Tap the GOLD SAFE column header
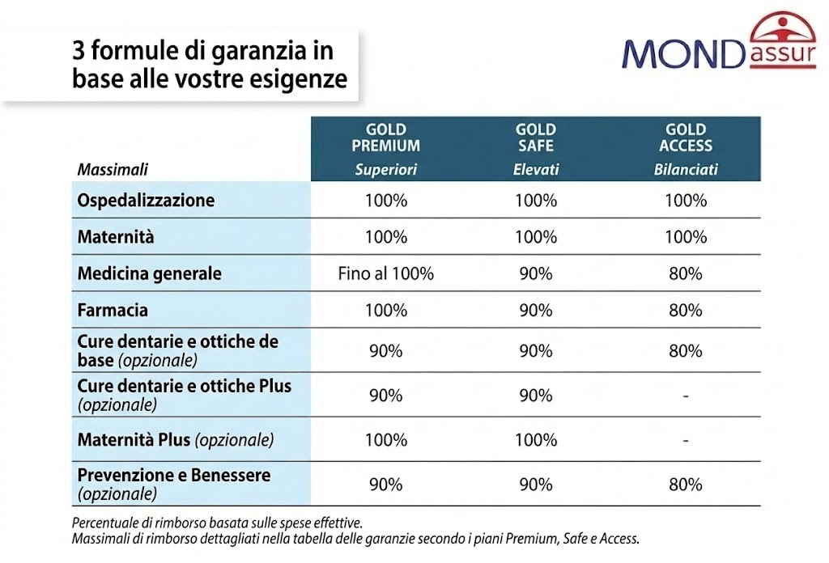pyautogui.click(x=536, y=138)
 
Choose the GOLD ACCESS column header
pyautogui.click(x=686, y=138)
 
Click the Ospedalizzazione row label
pyautogui.click(x=146, y=200)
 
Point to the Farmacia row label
pyautogui.click(x=113, y=311)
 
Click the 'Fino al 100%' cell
pyautogui.click(x=385, y=274)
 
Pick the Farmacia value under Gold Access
pyautogui.click(x=686, y=311)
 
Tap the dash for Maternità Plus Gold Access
pyautogui.click(x=686, y=441)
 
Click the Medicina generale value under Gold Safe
pyautogui.click(x=536, y=274)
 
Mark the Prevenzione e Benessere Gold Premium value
pyautogui.click(x=385, y=485)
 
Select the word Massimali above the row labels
pyautogui.click(x=113, y=171)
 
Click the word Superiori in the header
pyautogui.click(x=385, y=171)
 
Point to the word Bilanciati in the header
pyautogui.click(x=686, y=171)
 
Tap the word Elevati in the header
pyautogui.click(x=536, y=171)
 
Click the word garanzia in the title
pyautogui.click(x=261, y=52)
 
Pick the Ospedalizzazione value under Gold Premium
pyautogui.click(x=385, y=200)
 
